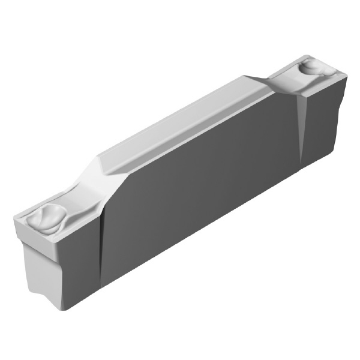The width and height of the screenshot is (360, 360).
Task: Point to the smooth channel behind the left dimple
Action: (x=75, y=198)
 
